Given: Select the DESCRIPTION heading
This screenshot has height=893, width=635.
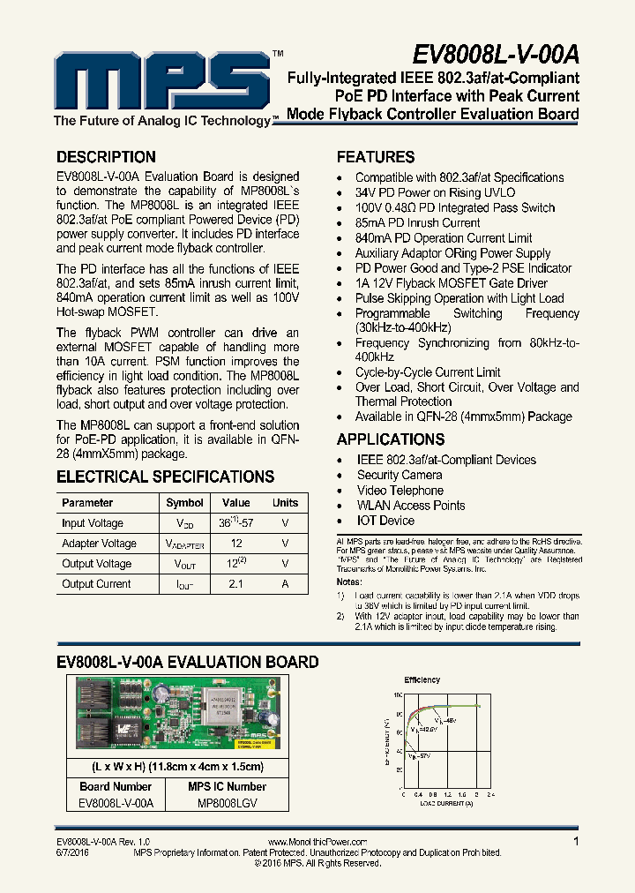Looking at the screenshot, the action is coord(106,157).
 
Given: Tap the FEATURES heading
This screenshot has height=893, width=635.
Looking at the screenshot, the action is coord(376,157).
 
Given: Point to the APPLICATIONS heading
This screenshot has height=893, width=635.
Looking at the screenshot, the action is coord(391,439).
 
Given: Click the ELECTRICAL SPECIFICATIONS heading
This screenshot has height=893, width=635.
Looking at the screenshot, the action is coord(166,477).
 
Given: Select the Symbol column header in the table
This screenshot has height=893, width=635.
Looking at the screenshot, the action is coord(184,503).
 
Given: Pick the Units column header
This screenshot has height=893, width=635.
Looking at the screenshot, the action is coord(285,503).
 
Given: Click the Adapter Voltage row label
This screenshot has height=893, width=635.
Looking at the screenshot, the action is coord(99,544).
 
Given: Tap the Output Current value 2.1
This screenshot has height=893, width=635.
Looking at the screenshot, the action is coord(235,584).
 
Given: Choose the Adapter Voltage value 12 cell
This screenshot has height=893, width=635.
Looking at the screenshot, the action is coord(235,544).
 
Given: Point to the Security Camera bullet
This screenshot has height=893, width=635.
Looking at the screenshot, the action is coord(400,475).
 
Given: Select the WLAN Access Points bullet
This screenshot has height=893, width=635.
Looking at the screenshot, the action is coord(411,506).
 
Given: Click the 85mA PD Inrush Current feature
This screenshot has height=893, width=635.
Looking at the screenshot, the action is coord(417,223).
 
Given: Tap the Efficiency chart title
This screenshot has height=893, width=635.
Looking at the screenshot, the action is coord(422,680).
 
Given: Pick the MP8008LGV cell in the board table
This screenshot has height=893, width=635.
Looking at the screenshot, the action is coord(228,804).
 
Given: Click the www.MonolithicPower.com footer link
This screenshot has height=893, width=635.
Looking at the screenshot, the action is coord(316,843).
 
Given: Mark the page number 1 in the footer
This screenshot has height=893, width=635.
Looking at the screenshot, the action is coord(576,843).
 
